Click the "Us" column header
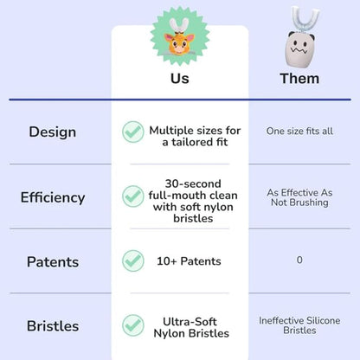click(179, 79)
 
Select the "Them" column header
click(299, 79)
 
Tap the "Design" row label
click(52, 132)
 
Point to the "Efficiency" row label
click(53, 197)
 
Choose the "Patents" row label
click(53, 261)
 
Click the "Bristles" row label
click(53, 326)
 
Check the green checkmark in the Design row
click(132, 132)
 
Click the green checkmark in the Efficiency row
click(132, 196)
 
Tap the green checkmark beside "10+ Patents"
click(132, 260)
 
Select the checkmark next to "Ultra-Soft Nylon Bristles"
click(132, 325)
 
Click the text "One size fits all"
click(299, 132)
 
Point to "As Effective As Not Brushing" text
click(299, 197)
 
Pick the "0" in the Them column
click(299, 260)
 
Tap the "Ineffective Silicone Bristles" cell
click(299, 326)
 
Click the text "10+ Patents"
click(188, 261)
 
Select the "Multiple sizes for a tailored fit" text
click(195, 137)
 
